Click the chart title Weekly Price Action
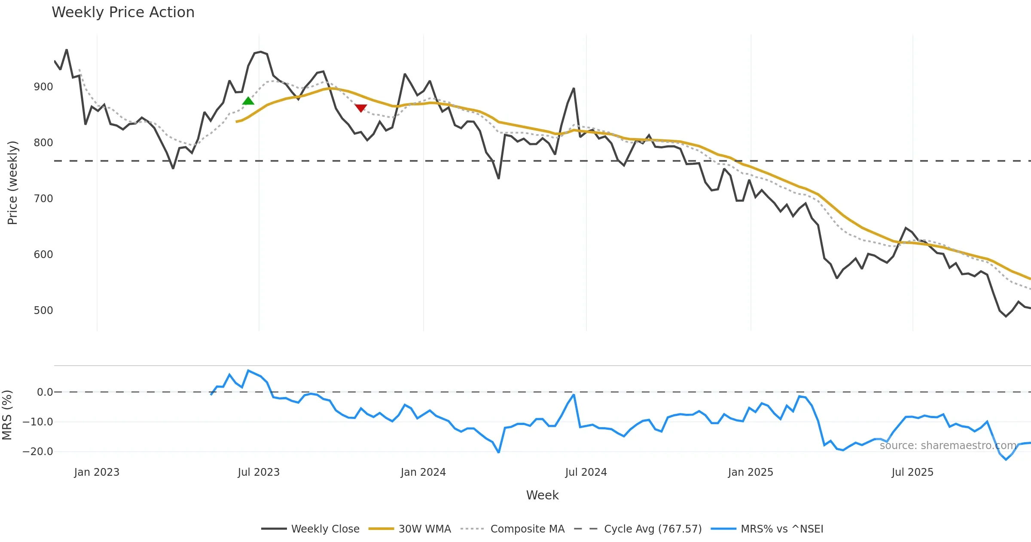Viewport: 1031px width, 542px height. click(x=123, y=12)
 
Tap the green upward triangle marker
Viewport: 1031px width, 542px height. click(x=248, y=101)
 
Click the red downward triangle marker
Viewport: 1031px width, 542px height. click(x=361, y=108)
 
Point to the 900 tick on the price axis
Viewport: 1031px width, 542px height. click(x=43, y=87)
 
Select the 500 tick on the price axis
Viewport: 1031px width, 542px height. click(x=43, y=311)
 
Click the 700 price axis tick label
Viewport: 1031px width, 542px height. click(x=43, y=199)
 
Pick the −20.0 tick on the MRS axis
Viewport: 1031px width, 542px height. click(x=38, y=452)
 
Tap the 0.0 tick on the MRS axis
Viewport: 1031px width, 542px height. click(x=45, y=392)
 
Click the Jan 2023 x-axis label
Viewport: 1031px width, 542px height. click(x=97, y=472)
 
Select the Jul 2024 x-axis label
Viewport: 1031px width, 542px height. click(x=586, y=472)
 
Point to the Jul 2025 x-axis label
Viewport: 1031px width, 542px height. click(x=912, y=472)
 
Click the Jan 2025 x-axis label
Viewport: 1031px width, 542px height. click(x=750, y=472)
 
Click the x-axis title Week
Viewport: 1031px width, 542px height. click(x=543, y=496)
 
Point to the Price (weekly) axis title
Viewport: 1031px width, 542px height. click(x=13, y=183)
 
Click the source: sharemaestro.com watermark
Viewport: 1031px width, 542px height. click(x=948, y=446)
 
